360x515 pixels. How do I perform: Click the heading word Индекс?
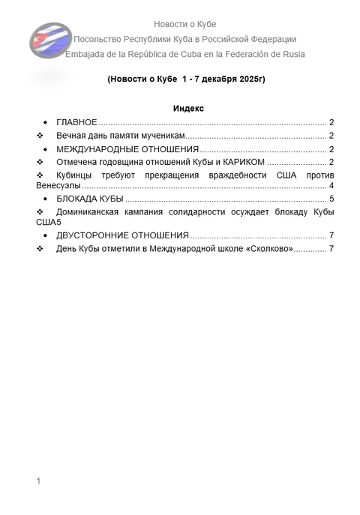pos(188,109)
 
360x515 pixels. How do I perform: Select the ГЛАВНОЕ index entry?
pos(76,122)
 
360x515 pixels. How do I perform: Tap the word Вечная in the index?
pos(72,136)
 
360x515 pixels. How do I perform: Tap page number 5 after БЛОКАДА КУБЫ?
pos(331,199)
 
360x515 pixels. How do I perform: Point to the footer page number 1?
pos(38,480)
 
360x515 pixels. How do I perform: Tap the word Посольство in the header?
pos(99,39)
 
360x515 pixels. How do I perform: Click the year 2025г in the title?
pos(248,79)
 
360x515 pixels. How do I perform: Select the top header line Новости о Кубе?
pos(184,25)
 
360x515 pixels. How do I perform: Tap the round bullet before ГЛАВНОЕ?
pos(46,122)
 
